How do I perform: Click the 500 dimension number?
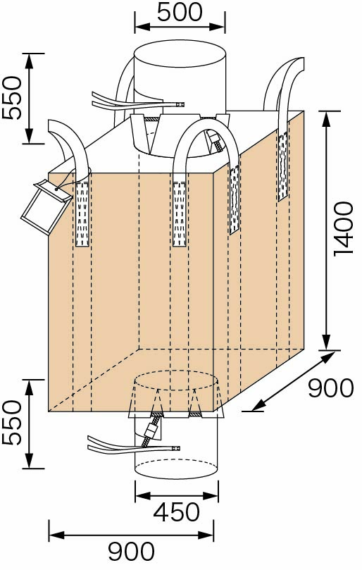click(x=180, y=13)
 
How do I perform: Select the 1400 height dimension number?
click(x=344, y=230)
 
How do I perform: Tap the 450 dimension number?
click(x=176, y=512)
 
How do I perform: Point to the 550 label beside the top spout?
click(x=12, y=98)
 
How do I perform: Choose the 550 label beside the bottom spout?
click(x=12, y=423)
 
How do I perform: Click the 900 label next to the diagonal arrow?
click(x=331, y=388)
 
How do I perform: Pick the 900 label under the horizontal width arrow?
click(x=131, y=552)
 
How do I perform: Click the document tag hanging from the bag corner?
click(x=46, y=207)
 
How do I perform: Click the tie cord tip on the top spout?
click(x=180, y=105)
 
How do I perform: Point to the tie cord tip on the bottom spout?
click(x=176, y=448)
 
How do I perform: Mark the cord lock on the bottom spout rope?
click(x=150, y=431)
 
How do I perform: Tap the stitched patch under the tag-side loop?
click(x=82, y=213)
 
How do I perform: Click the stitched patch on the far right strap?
click(x=283, y=166)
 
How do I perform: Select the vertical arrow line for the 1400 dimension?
click(x=327, y=230)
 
